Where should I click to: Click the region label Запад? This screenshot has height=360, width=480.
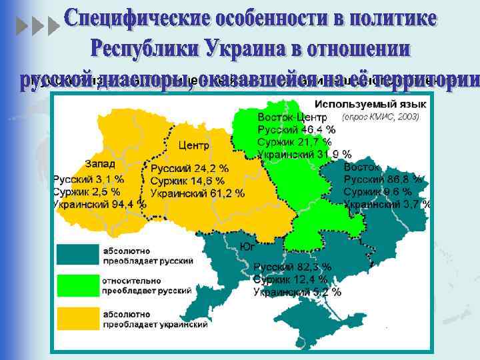pos(100,164)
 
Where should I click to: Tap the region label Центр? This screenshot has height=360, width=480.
pos(193,145)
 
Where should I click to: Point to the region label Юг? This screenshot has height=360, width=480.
pos(247,247)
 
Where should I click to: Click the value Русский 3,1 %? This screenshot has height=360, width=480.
pos(89,179)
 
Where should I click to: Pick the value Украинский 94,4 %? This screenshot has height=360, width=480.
pos(99,205)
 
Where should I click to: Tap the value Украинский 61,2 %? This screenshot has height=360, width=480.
pos(197,194)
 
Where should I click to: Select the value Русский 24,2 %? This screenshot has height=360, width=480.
pos(189,169)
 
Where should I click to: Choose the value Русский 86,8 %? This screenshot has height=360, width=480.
pos(383,179)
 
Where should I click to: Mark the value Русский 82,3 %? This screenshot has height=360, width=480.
pos(292,267)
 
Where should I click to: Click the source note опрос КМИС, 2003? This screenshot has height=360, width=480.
pos(380,117)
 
